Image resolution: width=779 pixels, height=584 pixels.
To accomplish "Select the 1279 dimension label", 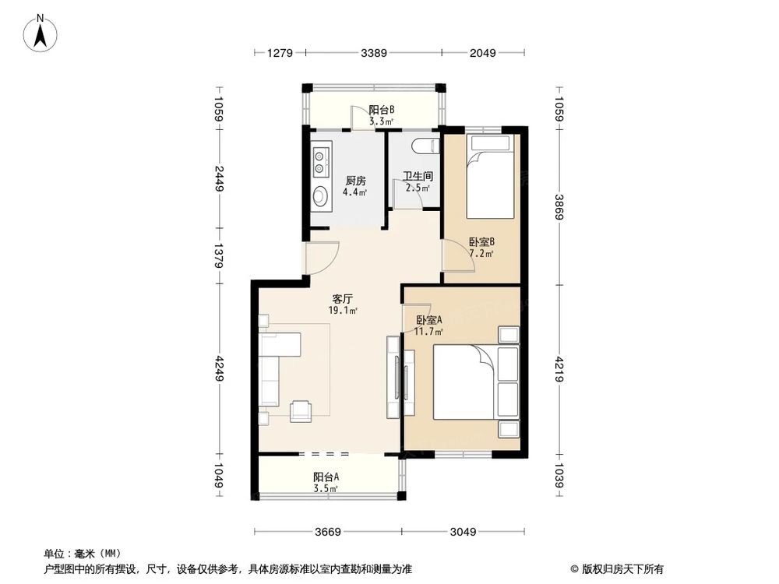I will coord(280,53).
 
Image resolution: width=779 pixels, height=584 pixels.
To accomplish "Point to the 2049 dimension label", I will coord(483,53).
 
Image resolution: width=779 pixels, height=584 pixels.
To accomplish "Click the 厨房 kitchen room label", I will coord(355,181).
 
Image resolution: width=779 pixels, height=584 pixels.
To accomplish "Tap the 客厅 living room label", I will coord(343,298).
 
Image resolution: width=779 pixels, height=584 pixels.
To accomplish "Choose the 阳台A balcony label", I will coord(326,477).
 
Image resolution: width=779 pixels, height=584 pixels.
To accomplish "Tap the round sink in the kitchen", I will coord(319,196).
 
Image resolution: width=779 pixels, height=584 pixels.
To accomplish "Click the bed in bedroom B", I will coord(490,179).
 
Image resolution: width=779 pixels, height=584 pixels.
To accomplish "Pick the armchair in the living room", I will coord(300,410).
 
